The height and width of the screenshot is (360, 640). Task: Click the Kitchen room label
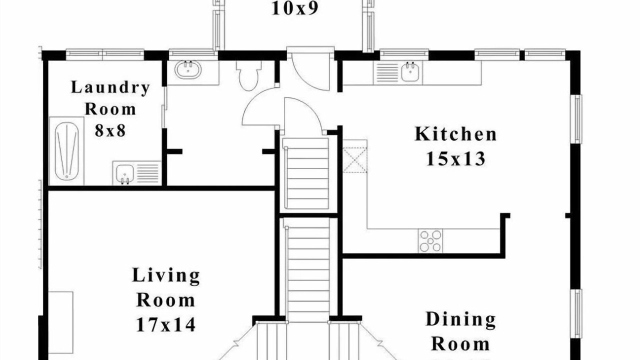pyautogui.click(x=455, y=134)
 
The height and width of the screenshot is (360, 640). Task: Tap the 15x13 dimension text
pyautogui.click(x=455, y=159)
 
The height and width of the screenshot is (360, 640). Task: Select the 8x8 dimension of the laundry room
pyautogui.click(x=110, y=131)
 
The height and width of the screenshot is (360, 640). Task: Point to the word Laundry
pyautogui.click(x=110, y=87)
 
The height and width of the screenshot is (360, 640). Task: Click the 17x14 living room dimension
pyautogui.click(x=165, y=324)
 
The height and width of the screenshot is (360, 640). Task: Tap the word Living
pyautogui.click(x=166, y=275)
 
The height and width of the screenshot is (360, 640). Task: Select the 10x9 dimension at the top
pyautogui.click(x=295, y=8)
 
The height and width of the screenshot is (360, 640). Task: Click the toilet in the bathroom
pyautogui.click(x=248, y=75)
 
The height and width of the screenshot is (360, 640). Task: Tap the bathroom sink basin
pyautogui.click(x=188, y=69)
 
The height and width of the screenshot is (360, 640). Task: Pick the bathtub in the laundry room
pyautogui.click(x=67, y=151)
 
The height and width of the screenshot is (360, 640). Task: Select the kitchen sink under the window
pyautogui.click(x=410, y=72)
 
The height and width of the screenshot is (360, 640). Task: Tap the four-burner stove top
pyautogui.click(x=430, y=241)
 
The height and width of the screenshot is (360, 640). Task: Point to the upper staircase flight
pyautogui.click(x=305, y=173)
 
